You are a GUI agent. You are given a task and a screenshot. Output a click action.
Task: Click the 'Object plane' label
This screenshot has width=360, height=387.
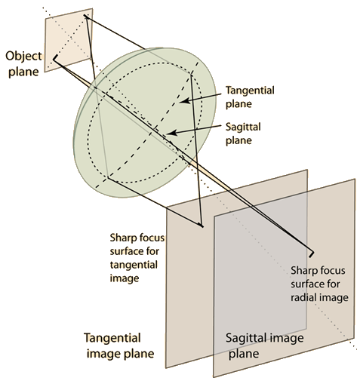pyautogui.click(x=23, y=64)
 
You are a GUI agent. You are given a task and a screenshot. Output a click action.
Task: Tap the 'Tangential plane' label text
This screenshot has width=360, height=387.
pyautogui.click(x=250, y=97)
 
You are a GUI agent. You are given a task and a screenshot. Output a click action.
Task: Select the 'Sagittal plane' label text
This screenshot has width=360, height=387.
pyautogui.click(x=243, y=134)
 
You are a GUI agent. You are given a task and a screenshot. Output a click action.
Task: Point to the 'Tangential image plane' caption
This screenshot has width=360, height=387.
pyautogui.click(x=119, y=346)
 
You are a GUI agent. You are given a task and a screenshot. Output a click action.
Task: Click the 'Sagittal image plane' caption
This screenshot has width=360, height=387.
pyautogui.click(x=264, y=346)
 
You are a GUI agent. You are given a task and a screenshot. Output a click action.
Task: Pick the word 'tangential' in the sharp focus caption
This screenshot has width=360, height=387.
pyautogui.click(x=134, y=265)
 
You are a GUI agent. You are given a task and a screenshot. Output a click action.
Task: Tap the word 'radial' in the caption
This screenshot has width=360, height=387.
pyautogui.click(x=304, y=297)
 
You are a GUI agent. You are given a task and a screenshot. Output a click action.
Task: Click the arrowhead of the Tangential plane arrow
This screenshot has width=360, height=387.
pyautogui.click(x=184, y=101)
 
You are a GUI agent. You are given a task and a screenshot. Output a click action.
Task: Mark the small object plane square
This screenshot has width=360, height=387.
pyautogui.click(x=69, y=40)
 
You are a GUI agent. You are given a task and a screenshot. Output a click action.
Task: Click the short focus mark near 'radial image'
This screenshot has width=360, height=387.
pyautogui.click(x=312, y=254)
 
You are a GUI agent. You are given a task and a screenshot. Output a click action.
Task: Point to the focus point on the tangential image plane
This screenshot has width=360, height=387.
pyautogui.click(x=202, y=226)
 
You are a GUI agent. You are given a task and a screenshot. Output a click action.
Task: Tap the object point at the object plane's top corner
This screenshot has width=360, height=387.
pyautogui.click(x=85, y=16)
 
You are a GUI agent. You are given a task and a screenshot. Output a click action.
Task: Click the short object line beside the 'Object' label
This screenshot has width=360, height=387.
pyautogui.click(x=55, y=58)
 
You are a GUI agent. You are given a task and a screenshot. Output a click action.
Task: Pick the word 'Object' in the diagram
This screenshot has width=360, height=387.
pyautogui.click(x=23, y=57)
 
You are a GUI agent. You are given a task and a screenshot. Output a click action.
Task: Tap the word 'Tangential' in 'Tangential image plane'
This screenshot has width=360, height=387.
pyautogui.click(x=112, y=338)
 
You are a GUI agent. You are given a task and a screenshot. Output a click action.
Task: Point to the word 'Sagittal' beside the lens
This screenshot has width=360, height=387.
pyautogui.click(x=243, y=127)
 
